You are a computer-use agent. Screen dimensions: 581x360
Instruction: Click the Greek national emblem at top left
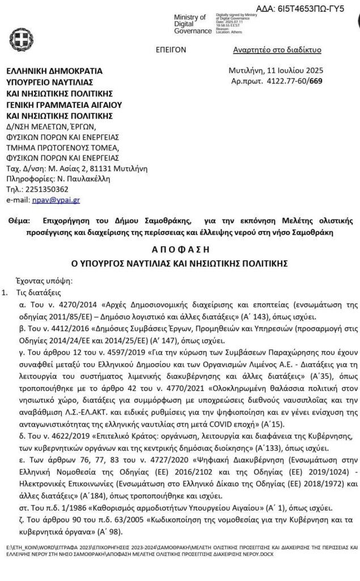(x=20, y=39)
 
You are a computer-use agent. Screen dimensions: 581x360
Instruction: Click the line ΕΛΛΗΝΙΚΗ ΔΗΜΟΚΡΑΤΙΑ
(x=54, y=71)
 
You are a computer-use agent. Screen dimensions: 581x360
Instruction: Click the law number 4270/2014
(x=69, y=305)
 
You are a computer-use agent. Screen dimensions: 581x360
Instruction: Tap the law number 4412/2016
(x=69, y=330)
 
